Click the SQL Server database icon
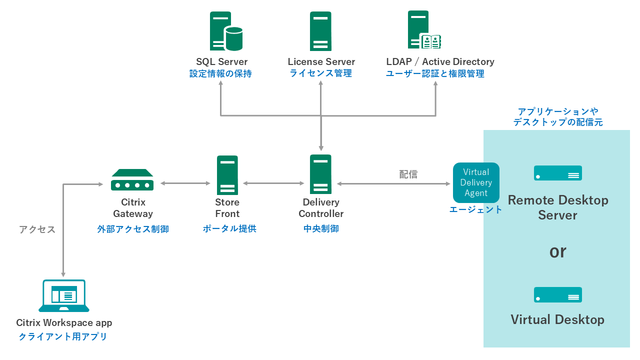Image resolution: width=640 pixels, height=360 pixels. click(x=226, y=31)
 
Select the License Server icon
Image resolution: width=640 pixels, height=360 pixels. click(x=320, y=31)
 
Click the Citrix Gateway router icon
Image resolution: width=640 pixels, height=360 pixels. click(x=132, y=180)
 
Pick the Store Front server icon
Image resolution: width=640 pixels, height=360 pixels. click(x=227, y=175)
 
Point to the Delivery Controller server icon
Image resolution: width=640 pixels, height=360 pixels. click(x=320, y=174)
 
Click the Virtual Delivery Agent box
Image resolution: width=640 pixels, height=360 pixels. click(x=476, y=182)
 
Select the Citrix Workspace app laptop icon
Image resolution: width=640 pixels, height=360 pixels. click(x=64, y=296)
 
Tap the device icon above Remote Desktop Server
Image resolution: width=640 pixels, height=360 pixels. click(x=557, y=173)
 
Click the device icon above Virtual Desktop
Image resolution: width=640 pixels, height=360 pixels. click(x=557, y=295)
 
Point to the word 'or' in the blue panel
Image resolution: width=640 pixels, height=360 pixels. click(x=557, y=251)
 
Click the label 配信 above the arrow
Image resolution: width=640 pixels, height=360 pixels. click(x=408, y=174)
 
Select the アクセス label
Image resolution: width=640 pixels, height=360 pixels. click(x=37, y=229)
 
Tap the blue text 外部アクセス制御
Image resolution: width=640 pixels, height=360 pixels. click(x=133, y=229)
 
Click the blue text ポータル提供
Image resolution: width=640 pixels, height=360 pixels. click(x=229, y=228)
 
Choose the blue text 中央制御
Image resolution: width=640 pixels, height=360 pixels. click(x=321, y=228)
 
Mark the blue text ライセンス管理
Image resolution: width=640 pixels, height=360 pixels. click(x=320, y=73)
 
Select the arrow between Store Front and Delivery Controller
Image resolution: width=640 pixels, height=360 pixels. click(x=273, y=183)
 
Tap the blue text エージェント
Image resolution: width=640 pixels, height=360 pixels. click(x=475, y=210)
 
